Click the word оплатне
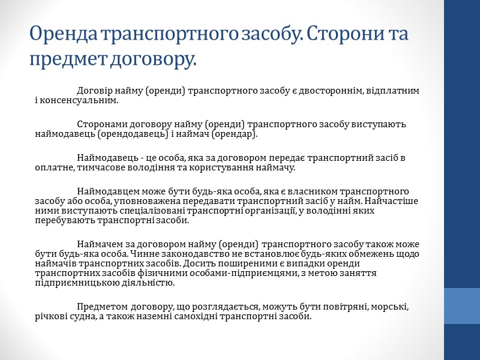click(x=54, y=167)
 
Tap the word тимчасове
click(x=101, y=167)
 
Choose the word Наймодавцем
click(x=106, y=191)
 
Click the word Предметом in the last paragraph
click(x=100, y=307)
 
